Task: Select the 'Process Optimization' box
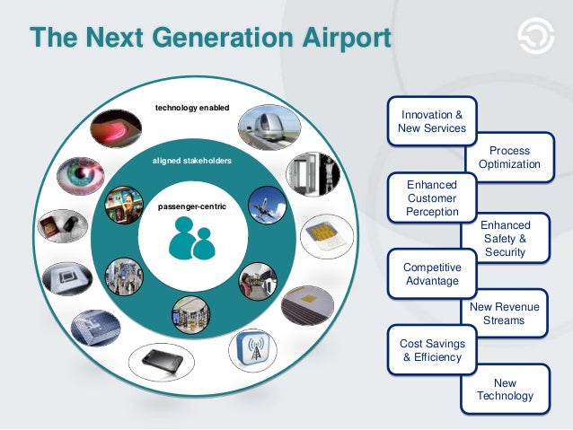point(509,157)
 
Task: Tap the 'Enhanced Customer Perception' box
point(431,197)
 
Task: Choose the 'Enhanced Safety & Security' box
point(506,239)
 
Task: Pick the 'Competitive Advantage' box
point(431,274)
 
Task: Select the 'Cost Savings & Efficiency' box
point(431,350)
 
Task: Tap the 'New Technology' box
point(505,389)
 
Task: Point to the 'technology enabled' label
point(192,108)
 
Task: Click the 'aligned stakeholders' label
point(192,161)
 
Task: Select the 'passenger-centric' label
point(192,207)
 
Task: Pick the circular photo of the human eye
point(80,177)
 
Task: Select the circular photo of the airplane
point(268,205)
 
